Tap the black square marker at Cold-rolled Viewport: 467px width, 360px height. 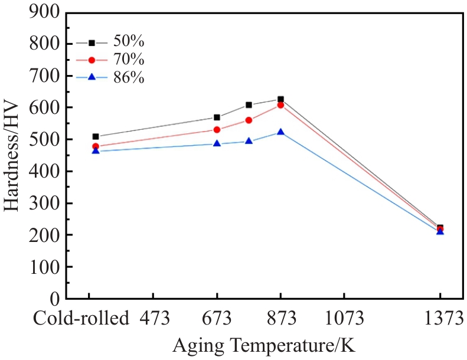96,136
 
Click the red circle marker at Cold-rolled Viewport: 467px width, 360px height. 96,146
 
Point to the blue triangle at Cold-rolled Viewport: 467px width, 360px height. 96,151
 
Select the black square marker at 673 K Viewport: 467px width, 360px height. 217,117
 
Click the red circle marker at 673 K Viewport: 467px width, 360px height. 217,130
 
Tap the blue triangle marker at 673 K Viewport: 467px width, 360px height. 217,143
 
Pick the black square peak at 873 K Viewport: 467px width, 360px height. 281,99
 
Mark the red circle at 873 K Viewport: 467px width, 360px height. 281,105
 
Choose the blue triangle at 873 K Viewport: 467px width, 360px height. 281,132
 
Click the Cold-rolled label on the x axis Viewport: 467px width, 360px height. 80,319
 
